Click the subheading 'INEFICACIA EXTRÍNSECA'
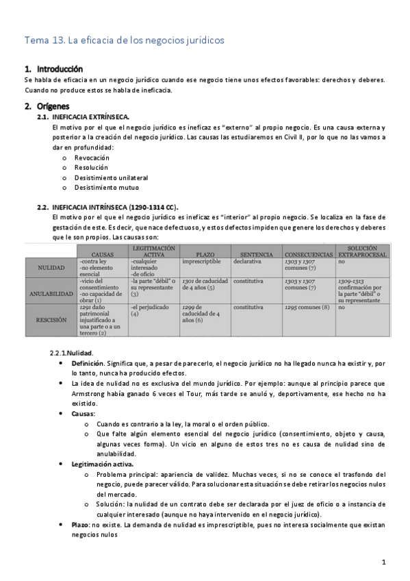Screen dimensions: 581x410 pos(86,118)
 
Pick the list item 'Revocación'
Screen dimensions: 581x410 pos(92,158)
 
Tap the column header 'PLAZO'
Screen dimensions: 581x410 pos(205,254)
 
